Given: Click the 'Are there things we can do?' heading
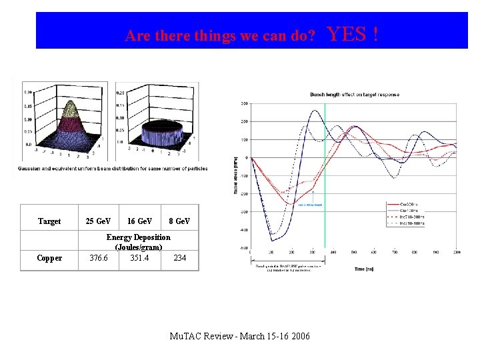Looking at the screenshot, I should (220, 36).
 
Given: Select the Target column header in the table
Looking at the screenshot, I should (49, 221).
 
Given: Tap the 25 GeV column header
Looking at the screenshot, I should (99, 221).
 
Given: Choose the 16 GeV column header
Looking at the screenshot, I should (139, 221).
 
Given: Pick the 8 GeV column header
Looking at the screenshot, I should (179, 221).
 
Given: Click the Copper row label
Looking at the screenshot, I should (49, 258).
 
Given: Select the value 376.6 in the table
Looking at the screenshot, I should (99, 258).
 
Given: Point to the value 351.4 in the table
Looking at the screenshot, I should (139, 258).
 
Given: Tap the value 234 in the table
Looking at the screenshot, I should (179, 258).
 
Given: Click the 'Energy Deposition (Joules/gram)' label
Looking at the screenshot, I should (139, 242).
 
